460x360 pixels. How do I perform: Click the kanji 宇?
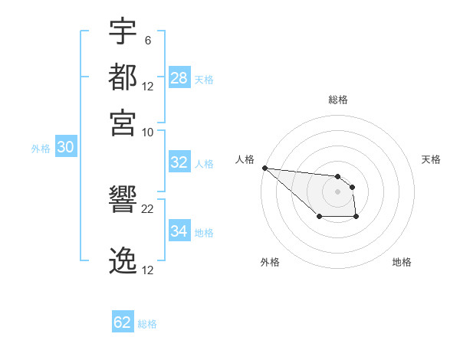point(123,32)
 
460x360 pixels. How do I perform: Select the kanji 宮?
point(123,122)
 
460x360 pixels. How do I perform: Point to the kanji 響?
point(123,201)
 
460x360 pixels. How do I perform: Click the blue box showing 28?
point(179,78)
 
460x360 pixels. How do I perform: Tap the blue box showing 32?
point(179,162)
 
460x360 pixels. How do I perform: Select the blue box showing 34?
point(179,231)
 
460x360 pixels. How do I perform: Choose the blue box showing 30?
point(65,148)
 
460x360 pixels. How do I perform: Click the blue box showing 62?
point(123,322)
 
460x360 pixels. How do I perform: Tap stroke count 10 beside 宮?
point(148,131)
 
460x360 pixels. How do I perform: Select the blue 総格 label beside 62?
point(147,324)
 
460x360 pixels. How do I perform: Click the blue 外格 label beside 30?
point(41,149)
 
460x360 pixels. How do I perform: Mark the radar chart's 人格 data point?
point(264,168)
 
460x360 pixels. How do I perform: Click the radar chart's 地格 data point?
point(356,218)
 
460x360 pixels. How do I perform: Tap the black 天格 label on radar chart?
point(431,159)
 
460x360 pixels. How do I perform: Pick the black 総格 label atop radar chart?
point(338,100)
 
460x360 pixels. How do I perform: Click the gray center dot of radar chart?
point(337,191)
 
